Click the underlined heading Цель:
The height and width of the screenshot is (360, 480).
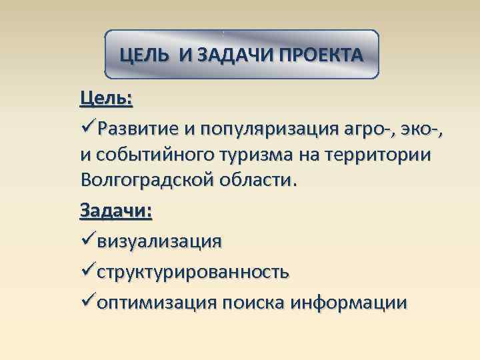tap(106, 99)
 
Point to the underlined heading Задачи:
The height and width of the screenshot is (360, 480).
tap(116, 211)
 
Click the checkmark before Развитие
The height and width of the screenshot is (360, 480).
tap(87, 127)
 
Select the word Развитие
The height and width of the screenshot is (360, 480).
tap(138, 127)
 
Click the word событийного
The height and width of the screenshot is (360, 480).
tap(155, 155)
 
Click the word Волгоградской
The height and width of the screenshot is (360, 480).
tap(150, 181)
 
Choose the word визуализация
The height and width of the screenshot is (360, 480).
tap(159, 240)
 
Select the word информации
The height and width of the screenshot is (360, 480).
tap(349, 303)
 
